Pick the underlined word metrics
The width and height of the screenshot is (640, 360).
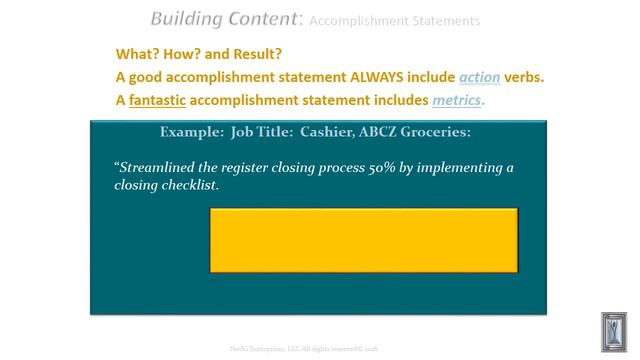[456, 100]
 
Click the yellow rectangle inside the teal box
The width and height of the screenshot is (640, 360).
[364, 240]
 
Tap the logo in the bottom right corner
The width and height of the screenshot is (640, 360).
[612, 330]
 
